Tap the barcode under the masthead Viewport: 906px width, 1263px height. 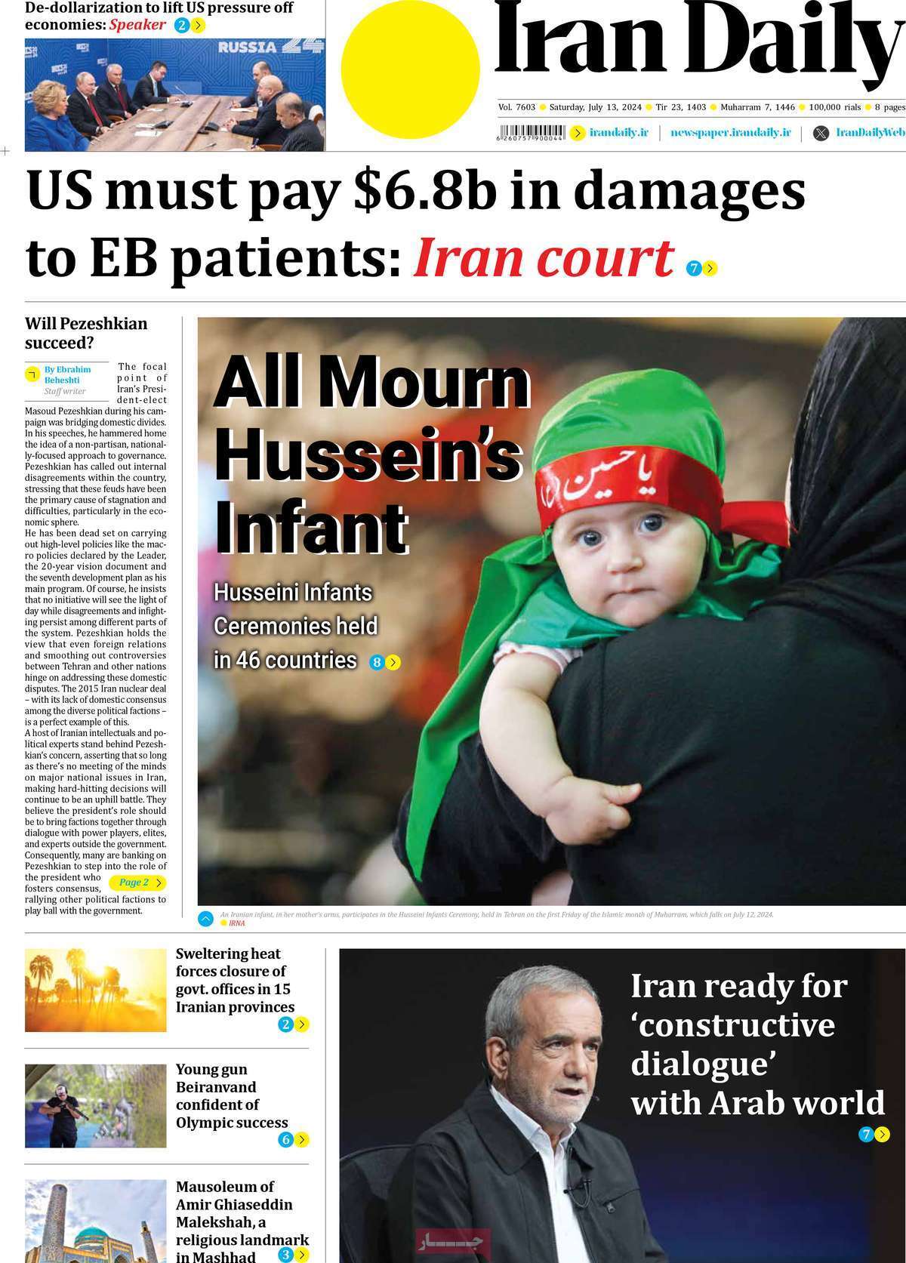[531, 132]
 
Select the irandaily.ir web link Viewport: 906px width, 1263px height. [618, 133]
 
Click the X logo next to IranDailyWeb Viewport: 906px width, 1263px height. [821, 134]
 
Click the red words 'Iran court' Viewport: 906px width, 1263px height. [543, 257]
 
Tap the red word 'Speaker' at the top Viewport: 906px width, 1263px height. [137, 25]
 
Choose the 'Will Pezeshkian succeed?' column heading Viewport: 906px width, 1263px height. [86, 333]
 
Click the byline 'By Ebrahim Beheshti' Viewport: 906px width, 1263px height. [67, 374]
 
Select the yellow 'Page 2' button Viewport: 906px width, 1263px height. [136, 882]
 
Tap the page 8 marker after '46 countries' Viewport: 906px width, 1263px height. [384, 663]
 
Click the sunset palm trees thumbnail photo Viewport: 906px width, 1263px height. [95, 990]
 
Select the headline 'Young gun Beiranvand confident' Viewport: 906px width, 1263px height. [231, 1095]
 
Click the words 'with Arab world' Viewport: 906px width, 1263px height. [757, 1103]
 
